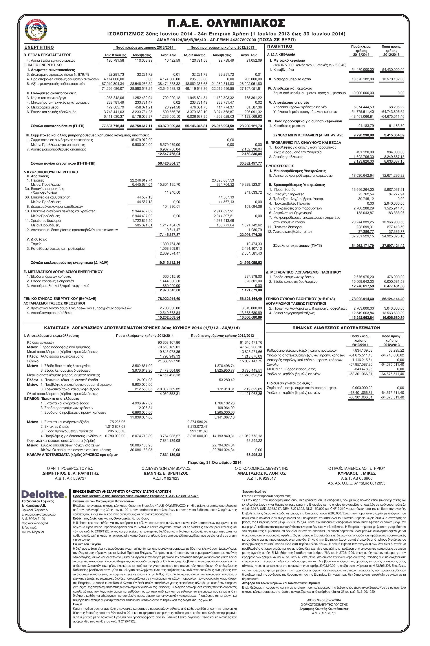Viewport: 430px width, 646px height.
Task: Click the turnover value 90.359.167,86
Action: click(x=169, y=342)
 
